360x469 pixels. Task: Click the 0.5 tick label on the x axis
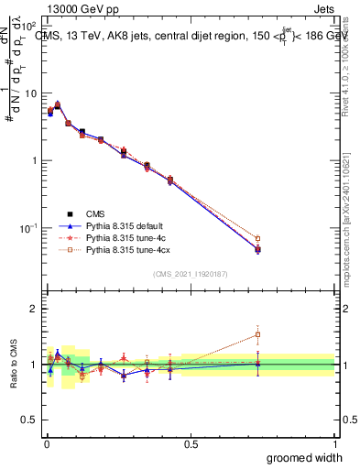190,443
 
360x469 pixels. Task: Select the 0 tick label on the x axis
45,443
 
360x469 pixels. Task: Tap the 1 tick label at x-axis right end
334,443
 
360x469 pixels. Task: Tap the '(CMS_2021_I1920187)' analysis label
190,274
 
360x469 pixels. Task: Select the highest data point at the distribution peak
57,105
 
